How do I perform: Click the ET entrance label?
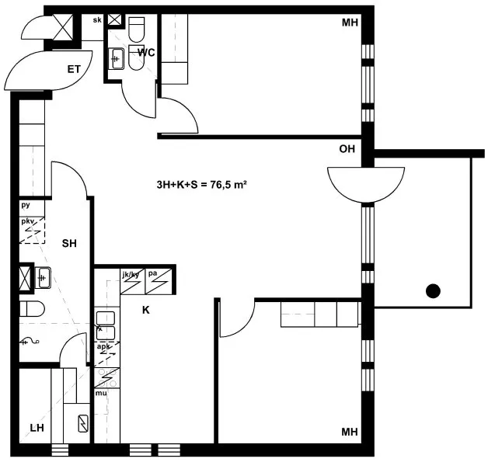click(x=74, y=69)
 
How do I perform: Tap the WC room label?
click(x=146, y=53)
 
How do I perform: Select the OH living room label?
click(x=347, y=149)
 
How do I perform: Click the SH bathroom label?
click(x=69, y=243)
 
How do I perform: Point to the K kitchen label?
click(x=145, y=310)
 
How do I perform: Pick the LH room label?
click(x=37, y=428)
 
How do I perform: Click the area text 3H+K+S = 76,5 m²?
click(x=202, y=185)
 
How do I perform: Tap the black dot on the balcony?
click(x=433, y=291)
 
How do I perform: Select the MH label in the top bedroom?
click(x=350, y=23)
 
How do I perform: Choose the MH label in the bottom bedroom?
click(x=350, y=432)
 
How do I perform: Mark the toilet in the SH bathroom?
click(x=32, y=309)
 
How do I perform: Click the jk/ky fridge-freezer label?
click(x=131, y=275)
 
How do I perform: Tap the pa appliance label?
click(x=152, y=274)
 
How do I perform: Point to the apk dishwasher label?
click(x=103, y=346)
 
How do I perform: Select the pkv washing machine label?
click(x=27, y=221)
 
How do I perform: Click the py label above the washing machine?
click(x=26, y=205)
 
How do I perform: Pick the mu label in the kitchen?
click(x=101, y=394)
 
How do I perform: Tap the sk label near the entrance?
click(x=97, y=20)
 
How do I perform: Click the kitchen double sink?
click(x=106, y=325)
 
